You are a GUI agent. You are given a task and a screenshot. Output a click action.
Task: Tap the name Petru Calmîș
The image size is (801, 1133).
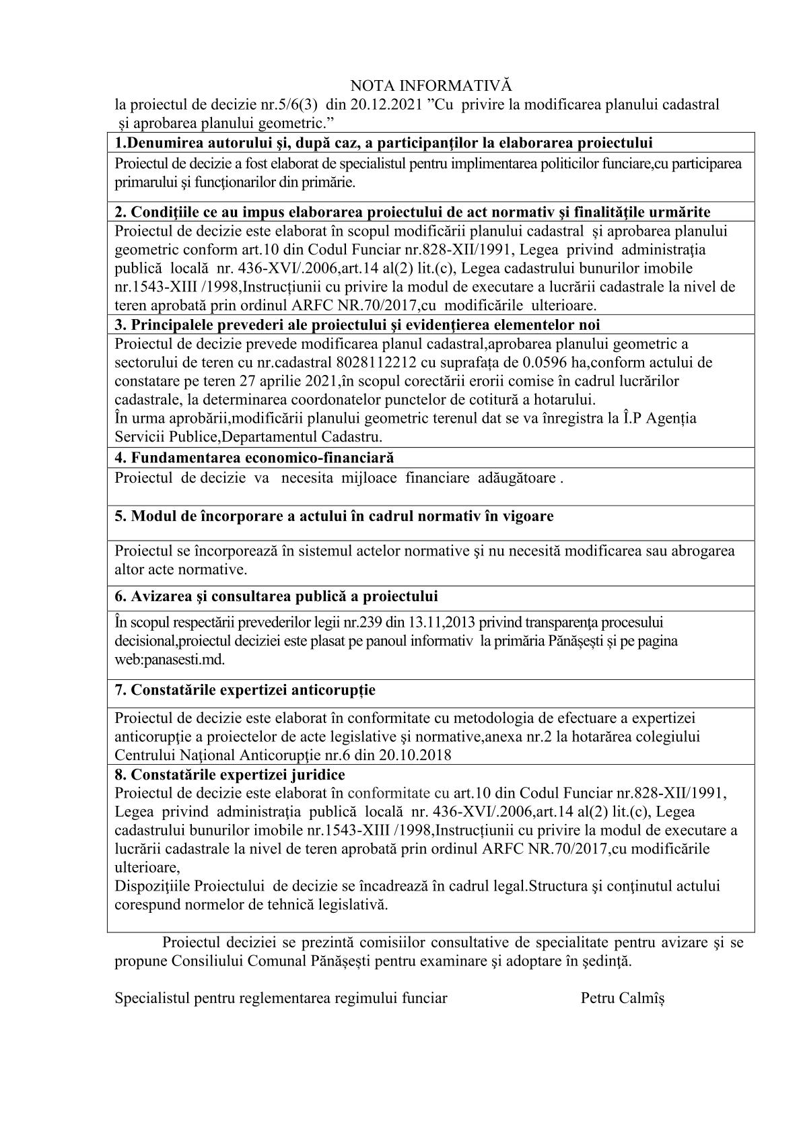623,998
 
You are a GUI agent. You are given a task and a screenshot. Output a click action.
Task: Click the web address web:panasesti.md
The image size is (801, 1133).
170,659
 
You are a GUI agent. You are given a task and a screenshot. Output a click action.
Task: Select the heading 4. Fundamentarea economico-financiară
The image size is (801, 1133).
254,458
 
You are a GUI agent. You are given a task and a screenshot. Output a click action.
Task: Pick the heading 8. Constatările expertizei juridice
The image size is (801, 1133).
230,775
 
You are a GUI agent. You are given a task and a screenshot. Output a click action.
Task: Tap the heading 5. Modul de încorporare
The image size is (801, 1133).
334,516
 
